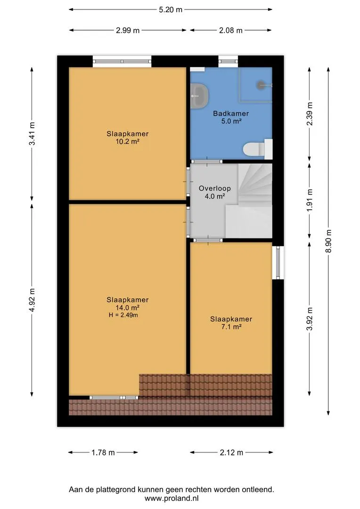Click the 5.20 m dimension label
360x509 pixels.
171,10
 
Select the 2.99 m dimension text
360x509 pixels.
128,31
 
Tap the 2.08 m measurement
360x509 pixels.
230,31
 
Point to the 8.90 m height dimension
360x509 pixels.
329,241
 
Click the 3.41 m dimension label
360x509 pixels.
32,134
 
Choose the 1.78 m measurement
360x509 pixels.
103,452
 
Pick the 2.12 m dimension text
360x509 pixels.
231,452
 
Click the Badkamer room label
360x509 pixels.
231,113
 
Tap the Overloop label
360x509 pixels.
214,188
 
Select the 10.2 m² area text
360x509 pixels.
128,141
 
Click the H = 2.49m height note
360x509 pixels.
123,315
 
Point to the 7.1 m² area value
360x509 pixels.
231,327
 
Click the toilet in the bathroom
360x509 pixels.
258,149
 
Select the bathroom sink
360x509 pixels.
199,95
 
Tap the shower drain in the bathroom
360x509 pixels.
262,85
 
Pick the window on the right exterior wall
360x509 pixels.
278,263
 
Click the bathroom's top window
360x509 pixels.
228,61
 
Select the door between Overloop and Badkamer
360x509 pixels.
206,161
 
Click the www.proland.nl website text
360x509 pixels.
172,498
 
